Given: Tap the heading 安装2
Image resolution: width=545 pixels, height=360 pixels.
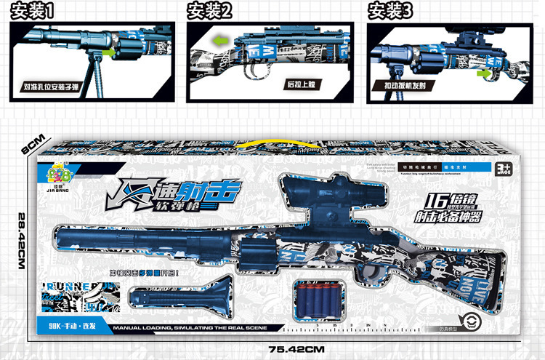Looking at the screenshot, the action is click(209, 11).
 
